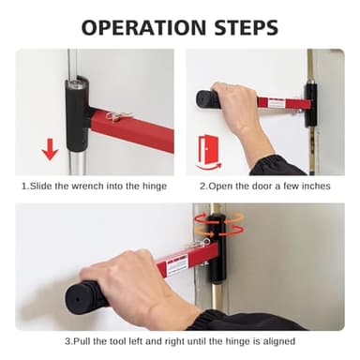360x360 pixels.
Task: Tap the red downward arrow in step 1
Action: [x=50, y=148]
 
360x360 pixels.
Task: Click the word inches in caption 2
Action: [x=313, y=186]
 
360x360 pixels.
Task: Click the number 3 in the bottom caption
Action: [x=67, y=341]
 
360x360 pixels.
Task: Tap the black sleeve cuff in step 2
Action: [x=281, y=165]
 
